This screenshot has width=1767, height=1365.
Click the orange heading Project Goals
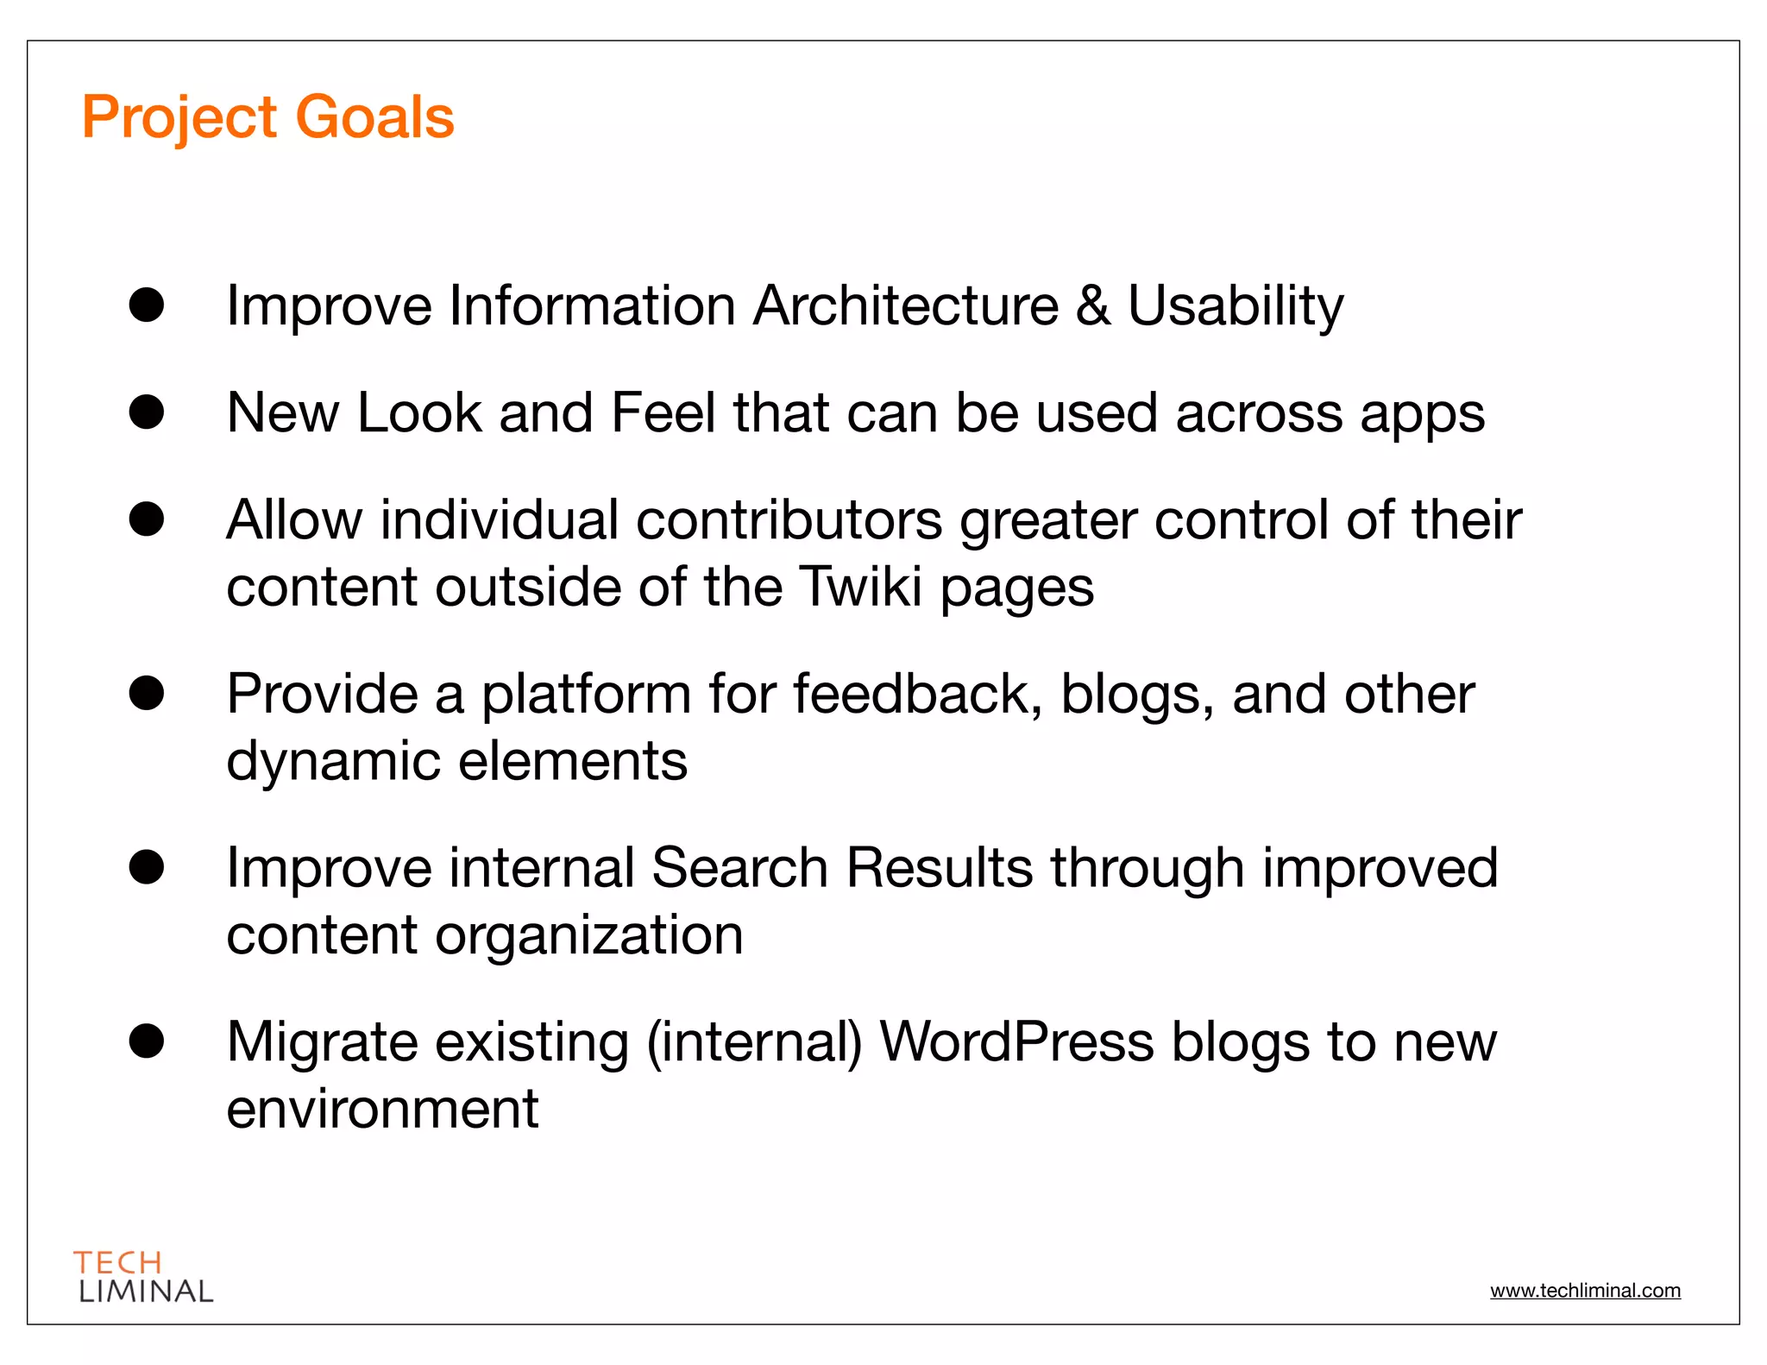pyautogui.click(x=267, y=117)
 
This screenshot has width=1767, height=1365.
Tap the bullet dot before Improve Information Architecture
pyautogui.click(x=147, y=305)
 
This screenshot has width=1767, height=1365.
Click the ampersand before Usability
pyautogui.click(x=1092, y=305)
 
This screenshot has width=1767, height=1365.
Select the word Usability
pyautogui.click(x=1236, y=307)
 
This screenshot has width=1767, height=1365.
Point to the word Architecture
pyautogui.click(x=905, y=305)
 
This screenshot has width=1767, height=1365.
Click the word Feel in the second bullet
pyautogui.click(x=663, y=412)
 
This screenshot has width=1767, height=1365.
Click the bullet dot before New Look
pyautogui.click(x=147, y=412)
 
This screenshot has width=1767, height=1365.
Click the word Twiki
pyautogui.click(x=860, y=587)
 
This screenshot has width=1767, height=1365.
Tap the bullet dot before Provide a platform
pyautogui.click(x=147, y=694)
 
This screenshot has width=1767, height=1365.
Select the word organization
pyautogui.click(x=588, y=936)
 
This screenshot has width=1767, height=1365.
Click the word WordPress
pyautogui.click(x=1016, y=1041)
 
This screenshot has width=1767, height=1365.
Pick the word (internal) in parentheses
pyautogui.click(x=754, y=1042)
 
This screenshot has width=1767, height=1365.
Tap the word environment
pyautogui.click(x=382, y=1109)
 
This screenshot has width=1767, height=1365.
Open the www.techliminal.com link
pyautogui.click(x=1585, y=1291)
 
